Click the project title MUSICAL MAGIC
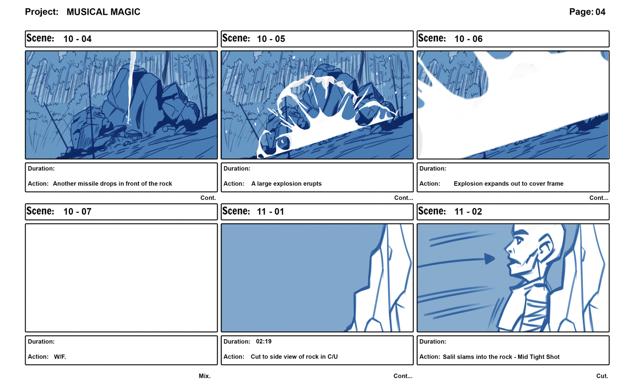[103, 12]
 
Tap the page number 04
[600, 12]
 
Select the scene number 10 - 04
[77, 39]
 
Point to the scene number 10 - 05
[271, 39]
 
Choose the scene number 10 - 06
[468, 39]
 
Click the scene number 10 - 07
[77, 212]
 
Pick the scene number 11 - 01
[270, 212]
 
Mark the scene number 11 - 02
[468, 212]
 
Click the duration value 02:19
[264, 341]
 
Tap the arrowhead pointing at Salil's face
[489, 259]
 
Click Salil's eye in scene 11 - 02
[519, 241]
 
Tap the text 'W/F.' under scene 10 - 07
[60, 357]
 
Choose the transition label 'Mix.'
[205, 376]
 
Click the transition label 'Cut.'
[602, 376]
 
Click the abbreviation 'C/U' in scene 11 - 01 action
[333, 357]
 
